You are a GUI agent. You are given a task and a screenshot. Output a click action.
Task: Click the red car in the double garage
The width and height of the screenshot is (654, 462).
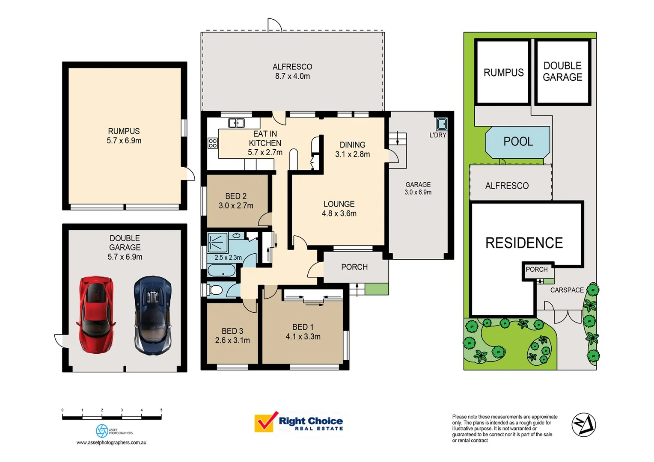(96, 314)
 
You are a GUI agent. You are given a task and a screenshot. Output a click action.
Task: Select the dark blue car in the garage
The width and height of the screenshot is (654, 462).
(153, 315)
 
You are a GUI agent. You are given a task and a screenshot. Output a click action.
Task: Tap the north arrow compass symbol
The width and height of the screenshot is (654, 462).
(584, 425)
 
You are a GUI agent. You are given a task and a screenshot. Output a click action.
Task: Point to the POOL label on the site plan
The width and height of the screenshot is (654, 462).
(518, 142)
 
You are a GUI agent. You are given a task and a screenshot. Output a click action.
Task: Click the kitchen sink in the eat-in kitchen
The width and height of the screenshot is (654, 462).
(236, 123)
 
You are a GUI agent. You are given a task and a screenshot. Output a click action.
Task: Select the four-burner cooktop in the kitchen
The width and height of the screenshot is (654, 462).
(213, 143)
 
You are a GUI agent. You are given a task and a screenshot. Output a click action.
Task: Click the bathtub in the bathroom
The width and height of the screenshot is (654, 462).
(221, 271)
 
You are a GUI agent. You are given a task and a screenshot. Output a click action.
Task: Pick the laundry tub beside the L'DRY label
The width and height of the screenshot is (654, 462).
(441, 124)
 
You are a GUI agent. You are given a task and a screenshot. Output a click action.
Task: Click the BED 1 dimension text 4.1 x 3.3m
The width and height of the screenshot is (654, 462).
(303, 337)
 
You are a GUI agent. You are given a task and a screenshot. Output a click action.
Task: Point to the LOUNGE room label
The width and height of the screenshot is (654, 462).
(339, 204)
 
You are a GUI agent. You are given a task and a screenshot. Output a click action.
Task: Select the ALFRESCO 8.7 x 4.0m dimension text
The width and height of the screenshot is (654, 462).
(292, 76)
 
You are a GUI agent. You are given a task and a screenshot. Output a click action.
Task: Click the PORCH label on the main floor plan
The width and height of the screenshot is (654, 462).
(354, 267)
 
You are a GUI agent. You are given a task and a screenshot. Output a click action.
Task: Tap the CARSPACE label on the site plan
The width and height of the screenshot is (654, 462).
(567, 290)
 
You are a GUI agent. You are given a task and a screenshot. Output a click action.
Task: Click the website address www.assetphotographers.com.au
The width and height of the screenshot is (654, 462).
(111, 442)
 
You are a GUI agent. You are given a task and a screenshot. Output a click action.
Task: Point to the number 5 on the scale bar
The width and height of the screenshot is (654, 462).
(161, 410)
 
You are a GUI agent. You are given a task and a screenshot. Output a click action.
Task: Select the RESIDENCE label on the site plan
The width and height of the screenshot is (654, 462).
(524, 243)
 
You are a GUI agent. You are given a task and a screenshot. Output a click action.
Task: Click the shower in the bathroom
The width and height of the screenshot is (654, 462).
(217, 243)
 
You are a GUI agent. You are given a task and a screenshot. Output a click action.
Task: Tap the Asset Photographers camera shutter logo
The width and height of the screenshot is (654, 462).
(102, 431)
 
